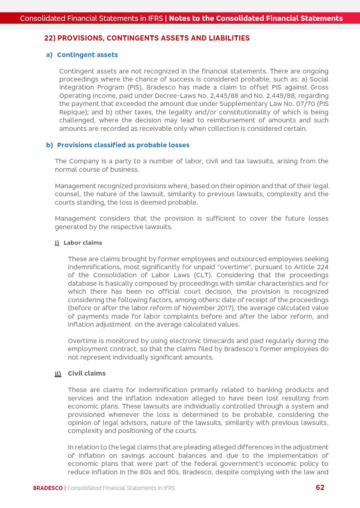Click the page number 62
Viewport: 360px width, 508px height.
320,488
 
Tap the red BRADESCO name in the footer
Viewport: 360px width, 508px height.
48,488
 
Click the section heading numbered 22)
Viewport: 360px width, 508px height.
147,38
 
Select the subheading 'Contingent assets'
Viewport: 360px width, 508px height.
87,55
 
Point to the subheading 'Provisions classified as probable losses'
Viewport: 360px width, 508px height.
123,145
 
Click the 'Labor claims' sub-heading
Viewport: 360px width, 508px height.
83,243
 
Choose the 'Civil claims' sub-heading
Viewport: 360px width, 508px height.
87,374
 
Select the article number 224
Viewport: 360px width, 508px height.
322,267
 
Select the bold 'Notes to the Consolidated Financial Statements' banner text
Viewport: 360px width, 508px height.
256,18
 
